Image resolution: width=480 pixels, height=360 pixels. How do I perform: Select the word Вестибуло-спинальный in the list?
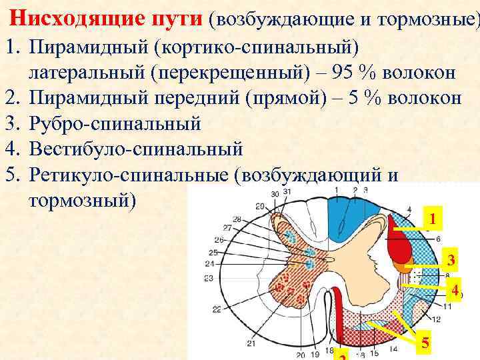137,148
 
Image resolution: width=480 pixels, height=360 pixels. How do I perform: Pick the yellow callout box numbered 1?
433,219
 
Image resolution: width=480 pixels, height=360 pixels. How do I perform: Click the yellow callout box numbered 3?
451,261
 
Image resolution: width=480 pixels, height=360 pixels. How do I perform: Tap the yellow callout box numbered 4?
453,291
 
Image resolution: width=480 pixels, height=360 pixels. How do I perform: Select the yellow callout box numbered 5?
425,344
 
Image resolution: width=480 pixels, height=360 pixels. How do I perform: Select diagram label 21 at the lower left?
251,344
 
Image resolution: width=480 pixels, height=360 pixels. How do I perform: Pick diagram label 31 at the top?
287,193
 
